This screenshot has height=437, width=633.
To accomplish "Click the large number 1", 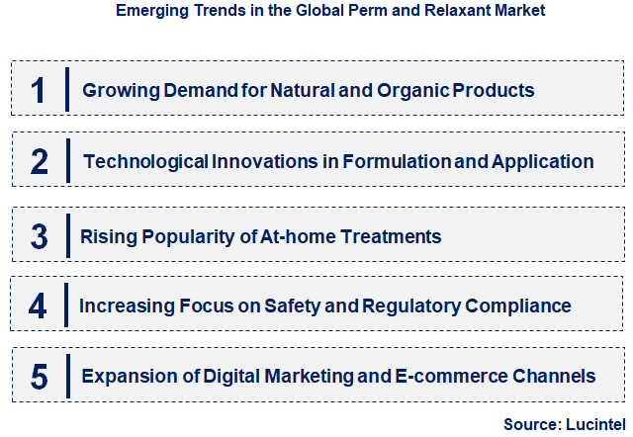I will coord(39,90).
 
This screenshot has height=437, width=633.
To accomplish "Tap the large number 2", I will coord(39,161).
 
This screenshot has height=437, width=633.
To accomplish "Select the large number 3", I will coord(39,236).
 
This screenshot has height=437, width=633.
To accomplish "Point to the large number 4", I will coord(39,306).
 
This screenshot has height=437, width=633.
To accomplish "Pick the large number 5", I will coord(39,377).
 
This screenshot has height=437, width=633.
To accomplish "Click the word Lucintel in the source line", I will coord(591,424).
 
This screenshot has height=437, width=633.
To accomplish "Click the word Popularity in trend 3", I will coord(180,236).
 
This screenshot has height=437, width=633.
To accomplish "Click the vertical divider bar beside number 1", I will coord(66,89).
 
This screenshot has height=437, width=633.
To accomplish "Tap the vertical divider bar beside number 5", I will coord(66,377).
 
